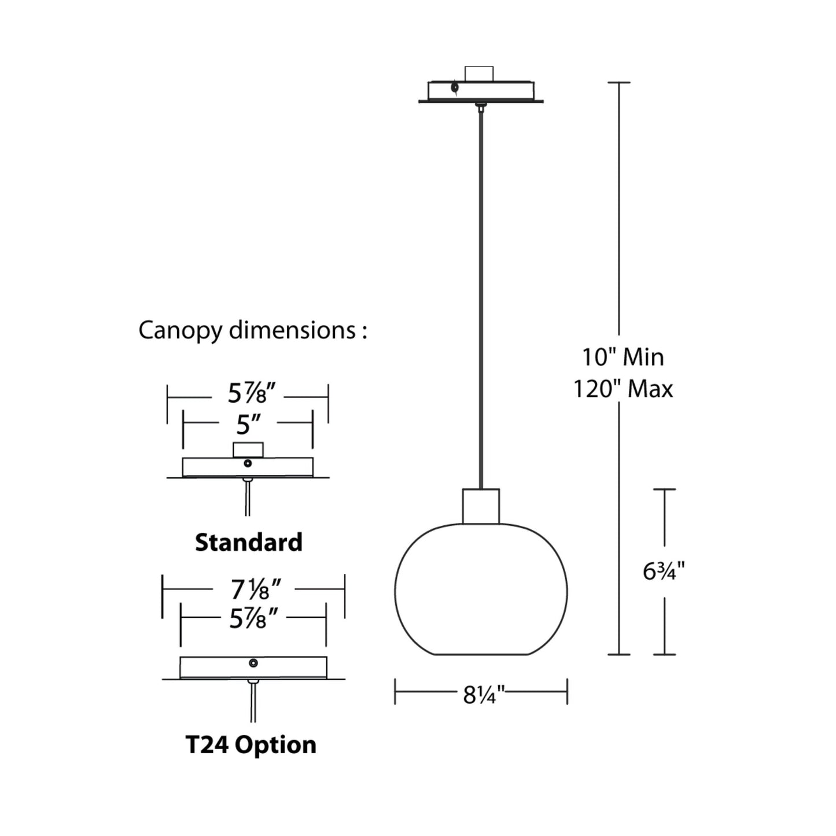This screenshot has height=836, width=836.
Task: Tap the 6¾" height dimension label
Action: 664,572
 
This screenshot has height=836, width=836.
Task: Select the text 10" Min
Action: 623,357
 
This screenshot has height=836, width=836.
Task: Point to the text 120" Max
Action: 623,389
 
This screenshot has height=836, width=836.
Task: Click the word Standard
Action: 248,542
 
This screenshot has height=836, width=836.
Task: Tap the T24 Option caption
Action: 251,744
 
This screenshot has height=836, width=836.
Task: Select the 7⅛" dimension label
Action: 255,590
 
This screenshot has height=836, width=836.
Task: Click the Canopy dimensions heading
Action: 252,330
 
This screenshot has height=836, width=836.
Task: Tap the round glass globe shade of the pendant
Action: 481,590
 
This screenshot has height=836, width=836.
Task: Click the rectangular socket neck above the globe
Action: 481,506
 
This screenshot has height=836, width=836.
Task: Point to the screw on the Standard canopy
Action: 248,463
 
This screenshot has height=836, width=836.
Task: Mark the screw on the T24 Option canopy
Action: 253,663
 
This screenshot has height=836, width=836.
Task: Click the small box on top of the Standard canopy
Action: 248,450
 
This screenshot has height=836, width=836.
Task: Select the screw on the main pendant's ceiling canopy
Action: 455,88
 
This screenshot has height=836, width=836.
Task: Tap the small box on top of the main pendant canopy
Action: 479,73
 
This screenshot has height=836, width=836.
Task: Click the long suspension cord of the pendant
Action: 480,289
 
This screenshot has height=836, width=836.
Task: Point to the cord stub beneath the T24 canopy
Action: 253,703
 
